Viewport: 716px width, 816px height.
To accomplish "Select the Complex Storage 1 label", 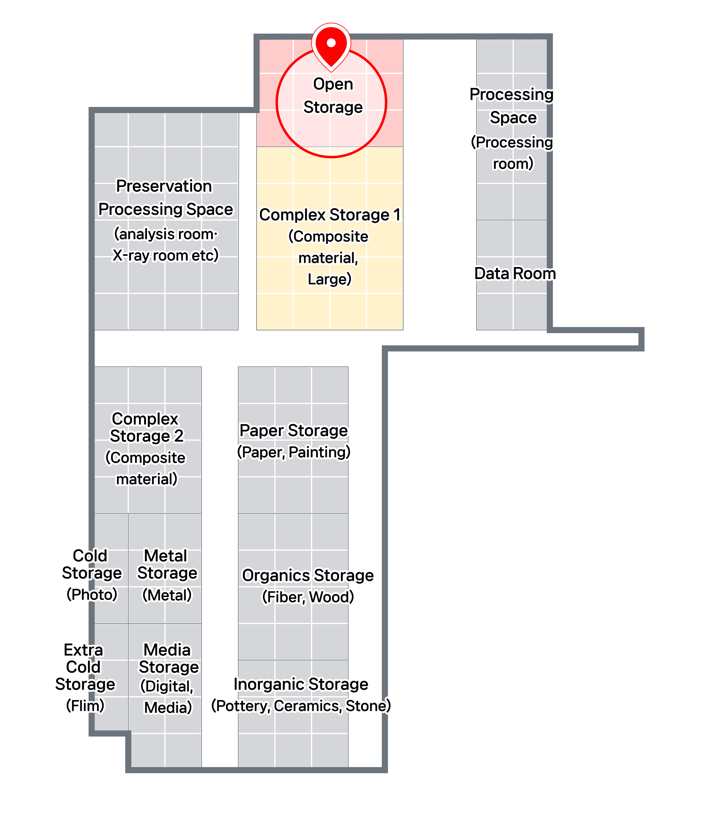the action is click(x=330, y=215).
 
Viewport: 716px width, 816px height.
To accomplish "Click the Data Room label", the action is click(x=515, y=274).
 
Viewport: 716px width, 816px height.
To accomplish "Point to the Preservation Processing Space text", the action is click(x=165, y=198).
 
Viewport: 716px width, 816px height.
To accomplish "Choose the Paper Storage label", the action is click(x=293, y=430).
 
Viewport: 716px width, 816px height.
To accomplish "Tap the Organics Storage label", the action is click(x=308, y=575).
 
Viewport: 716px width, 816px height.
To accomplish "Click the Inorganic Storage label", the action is click(x=301, y=684).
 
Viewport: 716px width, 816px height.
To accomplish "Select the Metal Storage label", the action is click(x=167, y=564).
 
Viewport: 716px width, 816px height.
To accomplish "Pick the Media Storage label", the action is click(x=168, y=658).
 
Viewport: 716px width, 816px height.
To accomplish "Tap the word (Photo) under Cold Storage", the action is click(x=92, y=594).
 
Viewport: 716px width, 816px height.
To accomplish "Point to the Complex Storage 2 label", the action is click(x=147, y=427).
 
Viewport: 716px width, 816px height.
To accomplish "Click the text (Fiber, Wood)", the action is click(x=308, y=597).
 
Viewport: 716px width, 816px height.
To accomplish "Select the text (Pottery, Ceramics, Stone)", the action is click(x=301, y=706).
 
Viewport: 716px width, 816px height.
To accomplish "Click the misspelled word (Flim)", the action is click(x=85, y=705).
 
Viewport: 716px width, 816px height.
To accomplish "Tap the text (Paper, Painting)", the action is click(x=294, y=452).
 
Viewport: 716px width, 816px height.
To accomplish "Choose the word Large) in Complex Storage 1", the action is click(x=329, y=279).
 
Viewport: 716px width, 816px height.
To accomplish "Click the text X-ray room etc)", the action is click(x=165, y=255).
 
